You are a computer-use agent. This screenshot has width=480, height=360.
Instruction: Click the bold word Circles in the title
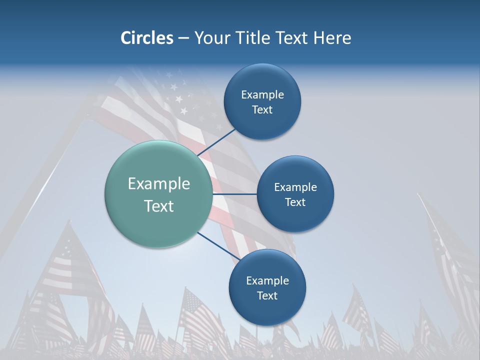pyautogui.click(x=146, y=37)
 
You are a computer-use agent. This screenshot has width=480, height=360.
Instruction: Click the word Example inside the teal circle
pyautogui.click(x=158, y=184)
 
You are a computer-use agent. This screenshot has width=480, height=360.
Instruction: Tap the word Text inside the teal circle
pyautogui.click(x=158, y=206)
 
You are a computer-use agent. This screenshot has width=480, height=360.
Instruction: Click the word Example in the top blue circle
pyautogui.click(x=262, y=94)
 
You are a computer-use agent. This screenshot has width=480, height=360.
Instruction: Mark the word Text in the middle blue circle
pyautogui.click(x=295, y=202)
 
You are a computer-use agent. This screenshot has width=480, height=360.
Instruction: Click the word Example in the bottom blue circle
pyautogui.click(x=267, y=280)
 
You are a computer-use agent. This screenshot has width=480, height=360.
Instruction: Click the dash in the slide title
pyautogui.click(x=183, y=38)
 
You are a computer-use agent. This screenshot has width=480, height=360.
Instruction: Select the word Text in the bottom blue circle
pyautogui.click(x=267, y=295)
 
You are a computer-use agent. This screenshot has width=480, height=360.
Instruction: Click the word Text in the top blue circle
pyautogui.click(x=262, y=109)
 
